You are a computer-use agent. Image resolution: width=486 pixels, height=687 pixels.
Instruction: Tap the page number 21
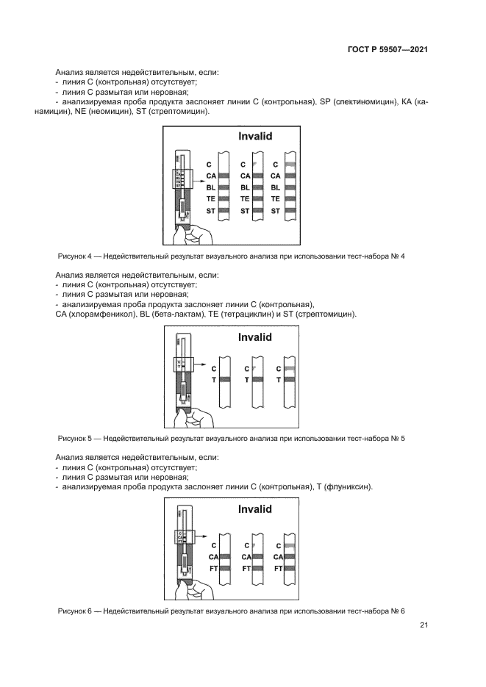[x=424, y=625]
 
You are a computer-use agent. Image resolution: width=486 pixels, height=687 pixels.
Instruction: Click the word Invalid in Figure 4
[x=254, y=137]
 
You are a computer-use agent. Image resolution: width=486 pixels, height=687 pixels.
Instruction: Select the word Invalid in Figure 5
[x=254, y=337]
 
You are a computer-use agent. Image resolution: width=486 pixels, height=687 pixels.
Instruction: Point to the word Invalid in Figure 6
[x=254, y=509]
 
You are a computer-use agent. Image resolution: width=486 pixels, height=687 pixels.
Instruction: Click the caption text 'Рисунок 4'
[x=76, y=256]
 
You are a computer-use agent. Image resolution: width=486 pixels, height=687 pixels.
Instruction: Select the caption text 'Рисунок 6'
[x=76, y=611]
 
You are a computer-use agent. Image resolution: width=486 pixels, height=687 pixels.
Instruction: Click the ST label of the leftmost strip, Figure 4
[x=211, y=211]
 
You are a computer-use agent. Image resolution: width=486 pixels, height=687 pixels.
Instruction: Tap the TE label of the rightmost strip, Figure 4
[x=276, y=199]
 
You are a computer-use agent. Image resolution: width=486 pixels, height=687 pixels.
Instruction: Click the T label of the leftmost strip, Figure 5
[x=214, y=380]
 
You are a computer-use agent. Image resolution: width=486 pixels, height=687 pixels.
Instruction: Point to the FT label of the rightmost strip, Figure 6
[x=277, y=568]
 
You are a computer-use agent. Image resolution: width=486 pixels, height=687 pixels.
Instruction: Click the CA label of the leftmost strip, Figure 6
[x=212, y=556]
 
